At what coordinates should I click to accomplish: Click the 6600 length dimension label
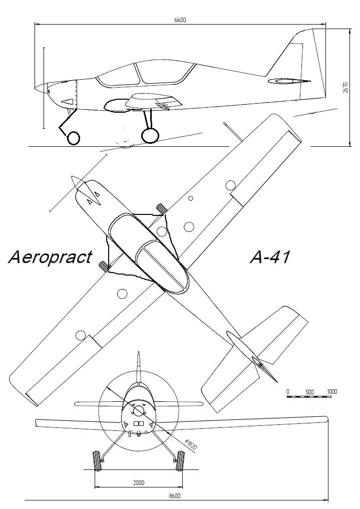click(x=180, y=20)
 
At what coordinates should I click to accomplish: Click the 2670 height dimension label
click(x=345, y=88)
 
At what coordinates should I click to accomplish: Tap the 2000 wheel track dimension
click(x=139, y=483)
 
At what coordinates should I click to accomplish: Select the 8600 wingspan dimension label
click(x=175, y=495)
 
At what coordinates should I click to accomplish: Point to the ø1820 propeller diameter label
click(x=191, y=444)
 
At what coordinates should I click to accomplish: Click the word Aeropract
click(x=50, y=257)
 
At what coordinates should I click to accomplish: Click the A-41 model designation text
click(x=270, y=258)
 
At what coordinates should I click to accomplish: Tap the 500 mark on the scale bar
click(x=309, y=392)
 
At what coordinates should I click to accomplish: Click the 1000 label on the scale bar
click(x=332, y=391)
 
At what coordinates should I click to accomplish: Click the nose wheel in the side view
click(x=73, y=138)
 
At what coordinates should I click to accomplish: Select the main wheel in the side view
click(x=150, y=136)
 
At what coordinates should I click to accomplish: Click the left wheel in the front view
click(x=97, y=461)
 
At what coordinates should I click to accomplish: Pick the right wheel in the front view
click(x=180, y=461)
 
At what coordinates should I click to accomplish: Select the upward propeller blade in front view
click(x=139, y=367)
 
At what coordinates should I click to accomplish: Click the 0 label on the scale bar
click(x=288, y=392)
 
